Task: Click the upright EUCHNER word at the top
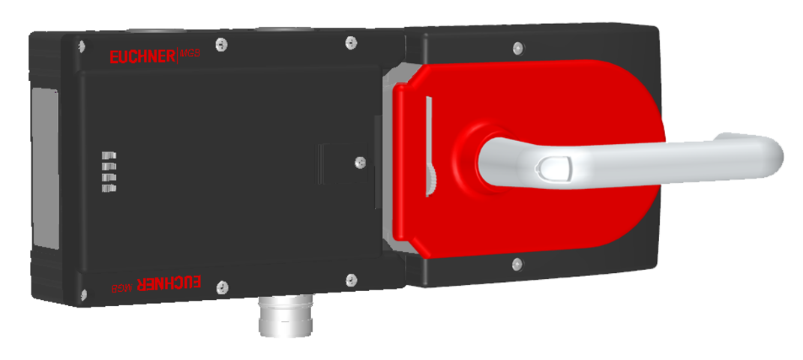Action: tap(142, 56)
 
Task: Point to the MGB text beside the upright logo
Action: tap(189, 55)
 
